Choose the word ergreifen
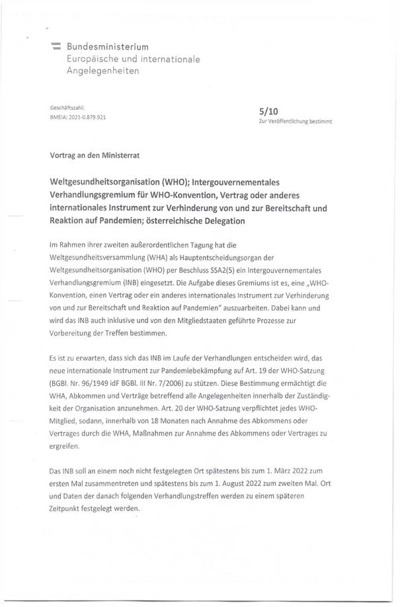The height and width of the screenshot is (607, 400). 64,447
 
